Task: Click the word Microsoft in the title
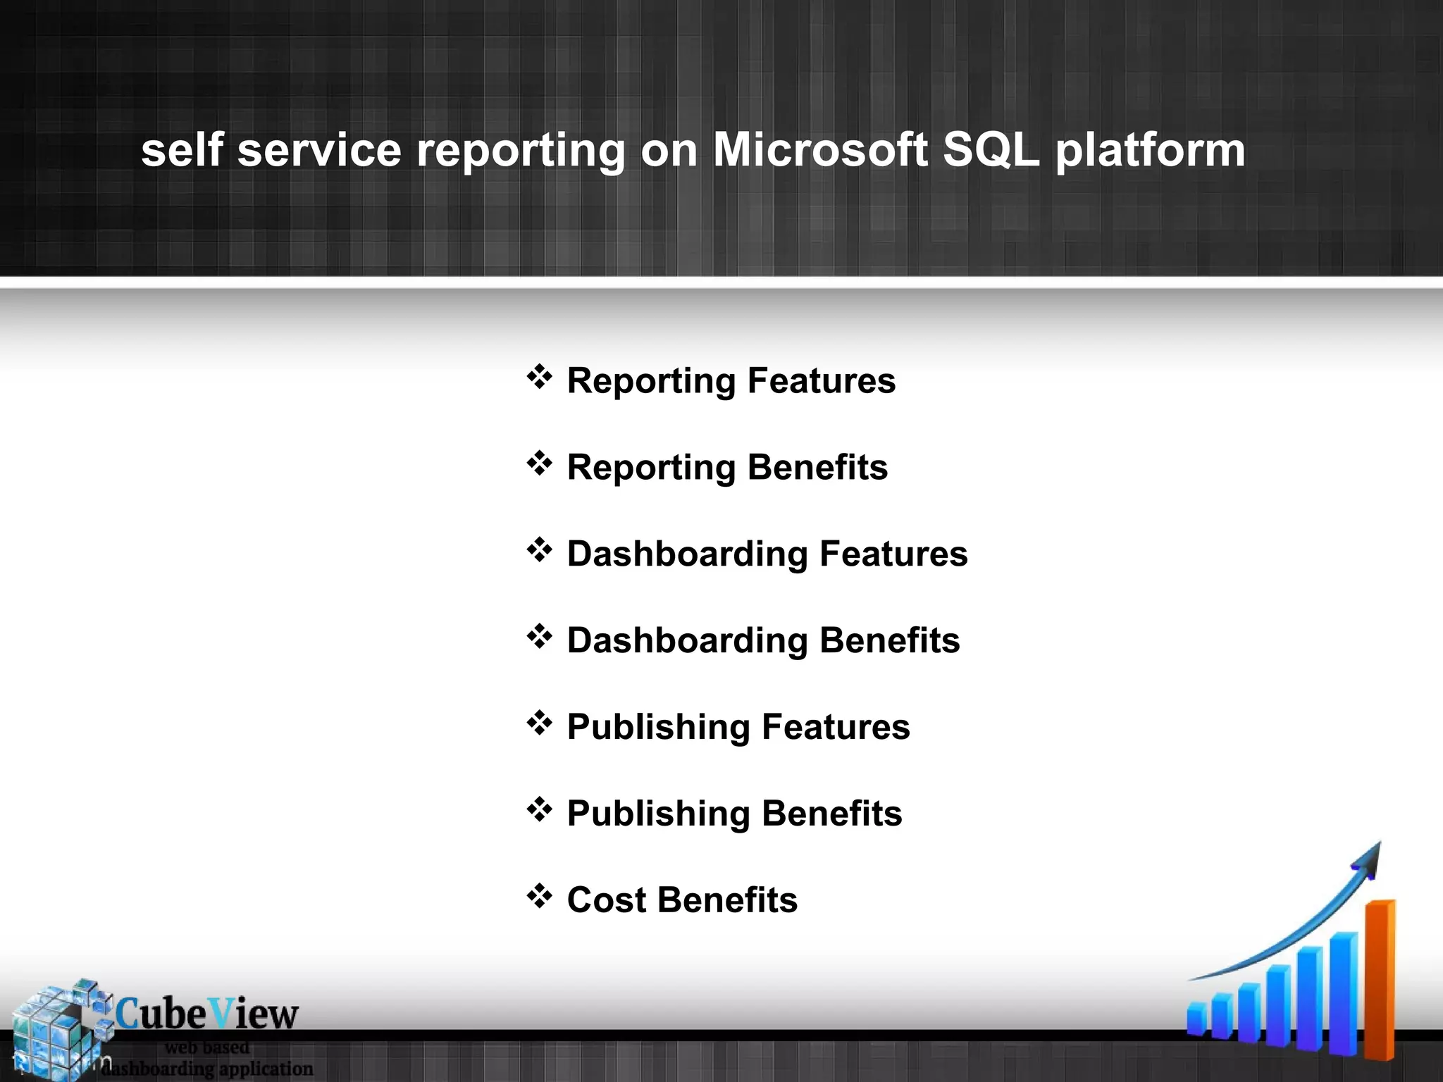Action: (x=819, y=150)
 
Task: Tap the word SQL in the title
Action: (x=990, y=150)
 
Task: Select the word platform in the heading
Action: (x=1150, y=151)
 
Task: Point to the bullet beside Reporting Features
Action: (x=539, y=377)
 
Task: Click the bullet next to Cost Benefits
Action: (x=539, y=896)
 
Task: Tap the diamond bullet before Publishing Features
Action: (x=539, y=723)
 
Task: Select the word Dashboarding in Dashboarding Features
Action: (x=686, y=554)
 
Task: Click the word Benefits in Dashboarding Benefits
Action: (x=889, y=640)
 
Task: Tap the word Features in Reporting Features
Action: (x=821, y=381)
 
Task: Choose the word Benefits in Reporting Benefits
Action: (x=817, y=468)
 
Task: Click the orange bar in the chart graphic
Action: (x=1380, y=979)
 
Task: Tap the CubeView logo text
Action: (x=206, y=1014)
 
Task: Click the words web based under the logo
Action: (x=206, y=1047)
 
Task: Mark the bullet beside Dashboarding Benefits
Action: (x=539, y=636)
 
